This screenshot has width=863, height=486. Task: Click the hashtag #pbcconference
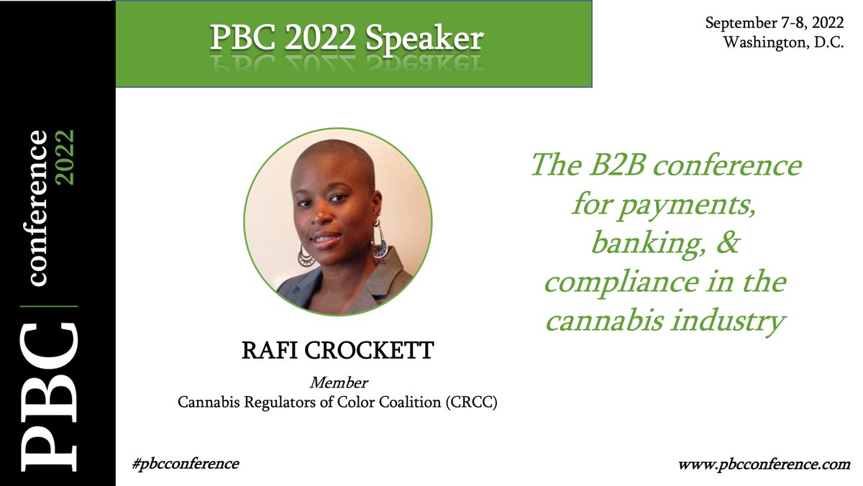click(185, 463)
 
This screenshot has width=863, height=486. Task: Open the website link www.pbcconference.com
click(764, 464)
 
